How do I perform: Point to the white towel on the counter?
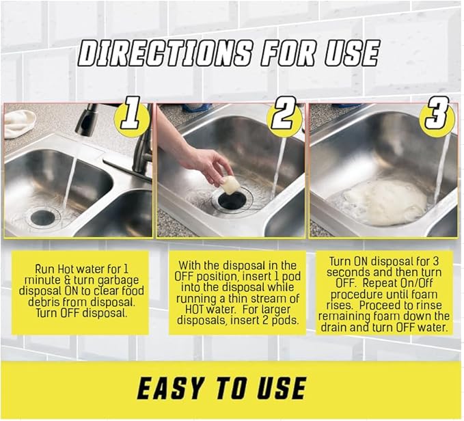[21, 123]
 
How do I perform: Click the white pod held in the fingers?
[231, 184]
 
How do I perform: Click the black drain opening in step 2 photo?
[232, 200]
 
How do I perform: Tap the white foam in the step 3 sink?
[384, 202]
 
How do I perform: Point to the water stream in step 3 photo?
[443, 164]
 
